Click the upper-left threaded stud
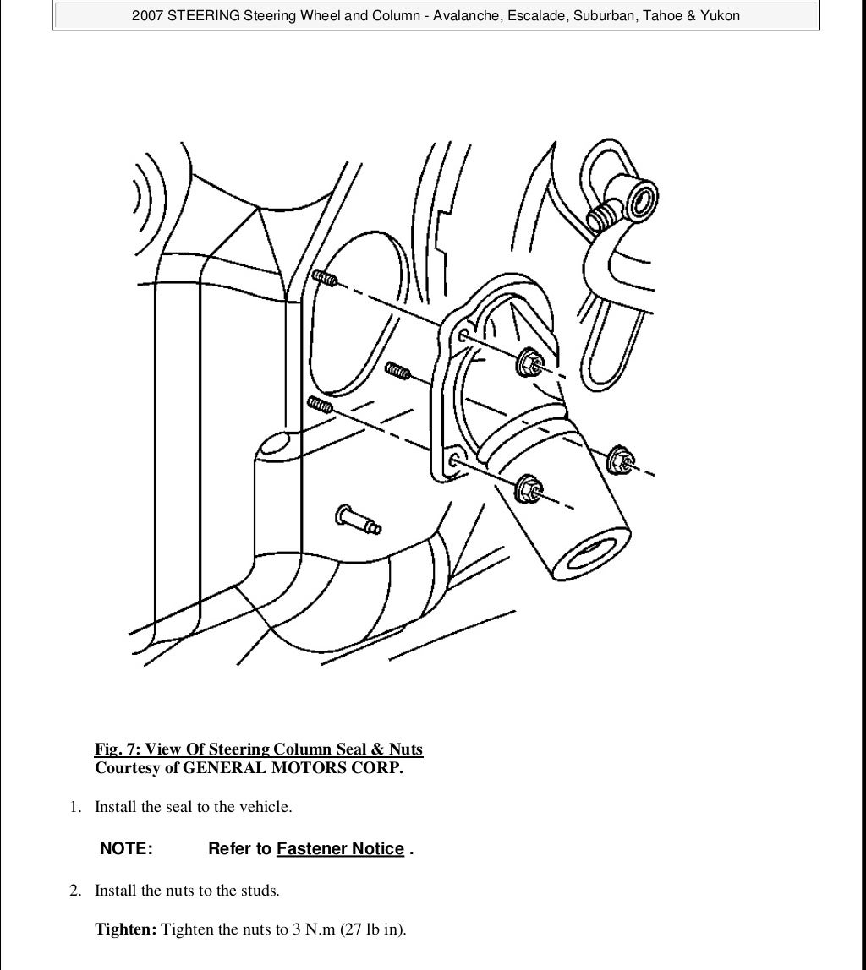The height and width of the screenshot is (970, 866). pos(326,278)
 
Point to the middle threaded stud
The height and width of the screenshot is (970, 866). pos(398,371)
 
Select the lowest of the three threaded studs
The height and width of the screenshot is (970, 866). pos(321,405)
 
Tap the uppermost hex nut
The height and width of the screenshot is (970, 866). pos(530,362)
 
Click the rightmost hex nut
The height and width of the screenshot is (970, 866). pos(621,460)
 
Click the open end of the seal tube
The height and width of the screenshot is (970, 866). pos(591,553)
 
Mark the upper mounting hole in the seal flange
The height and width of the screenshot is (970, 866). pos(463,336)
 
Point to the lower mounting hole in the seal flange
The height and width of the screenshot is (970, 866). pos(454,460)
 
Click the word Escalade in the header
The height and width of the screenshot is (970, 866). pos(535,15)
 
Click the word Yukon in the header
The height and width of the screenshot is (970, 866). pos(720,15)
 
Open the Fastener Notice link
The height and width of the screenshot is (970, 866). pos(340,848)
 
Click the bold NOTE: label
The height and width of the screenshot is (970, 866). pos(126,848)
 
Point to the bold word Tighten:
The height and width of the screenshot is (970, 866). pos(126,929)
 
